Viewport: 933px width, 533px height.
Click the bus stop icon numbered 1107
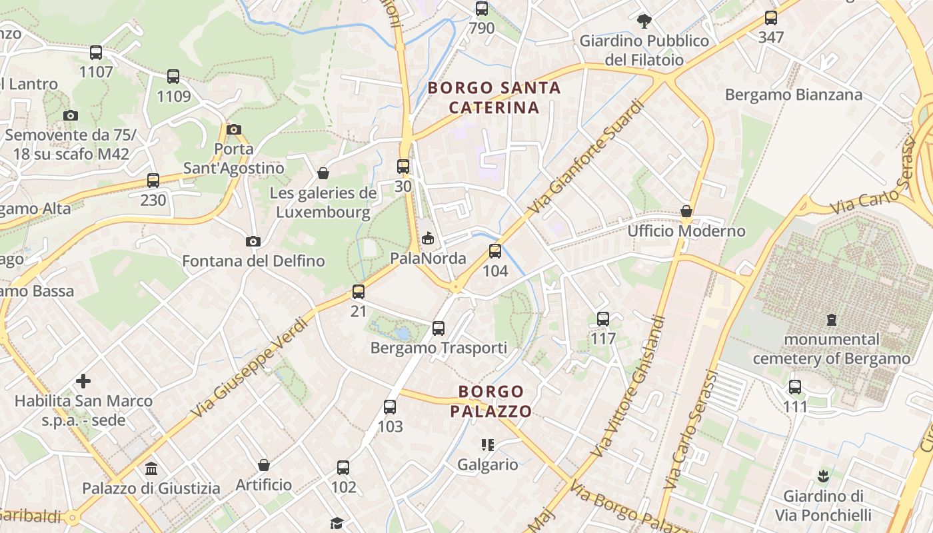coord(96,53)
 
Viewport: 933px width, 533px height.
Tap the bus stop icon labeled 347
coord(771,18)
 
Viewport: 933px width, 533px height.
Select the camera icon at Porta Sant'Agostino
coord(234,129)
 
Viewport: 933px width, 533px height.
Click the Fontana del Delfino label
coord(253,261)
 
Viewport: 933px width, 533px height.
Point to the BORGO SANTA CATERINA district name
coord(494,97)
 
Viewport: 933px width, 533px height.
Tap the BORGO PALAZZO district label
coord(491,401)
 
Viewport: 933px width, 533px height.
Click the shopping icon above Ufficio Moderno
coord(686,212)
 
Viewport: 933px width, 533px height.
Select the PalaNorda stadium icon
coord(428,238)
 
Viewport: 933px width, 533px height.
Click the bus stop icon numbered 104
coord(494,251)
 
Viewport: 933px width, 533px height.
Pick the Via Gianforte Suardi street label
coord(587,157)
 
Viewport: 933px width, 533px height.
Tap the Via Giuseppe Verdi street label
coord(249,368)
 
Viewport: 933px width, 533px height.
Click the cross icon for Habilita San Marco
coord(83,381)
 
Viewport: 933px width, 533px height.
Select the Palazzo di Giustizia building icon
coord(151,468)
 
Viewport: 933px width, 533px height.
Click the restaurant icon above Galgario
coord(487,444)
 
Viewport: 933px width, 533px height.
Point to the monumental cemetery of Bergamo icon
coord(831,320)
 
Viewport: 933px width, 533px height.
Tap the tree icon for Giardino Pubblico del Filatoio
coord(644,21)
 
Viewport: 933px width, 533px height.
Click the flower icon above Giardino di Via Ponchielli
coord(823,476)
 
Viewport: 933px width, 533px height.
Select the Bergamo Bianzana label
coord(794,95)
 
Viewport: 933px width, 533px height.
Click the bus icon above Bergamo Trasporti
coord(438,328)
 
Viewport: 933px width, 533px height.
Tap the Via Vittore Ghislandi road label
coord(628,386)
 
